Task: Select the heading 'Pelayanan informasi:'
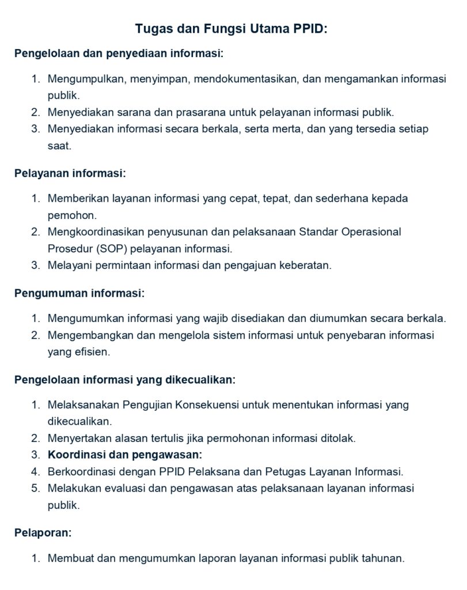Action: click(x=70, y=173)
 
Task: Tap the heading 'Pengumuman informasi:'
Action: click(x=79, y=293)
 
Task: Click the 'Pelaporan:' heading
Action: click(x=43, y=533)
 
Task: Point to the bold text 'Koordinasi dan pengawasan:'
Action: click(x=125, y=455)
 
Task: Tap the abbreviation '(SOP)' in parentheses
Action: click(x=102, y=249)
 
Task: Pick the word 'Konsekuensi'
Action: click(x=207, y=404)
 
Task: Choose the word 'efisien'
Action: click(x=90, y=351)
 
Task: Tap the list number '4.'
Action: click(x=36, y=472)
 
